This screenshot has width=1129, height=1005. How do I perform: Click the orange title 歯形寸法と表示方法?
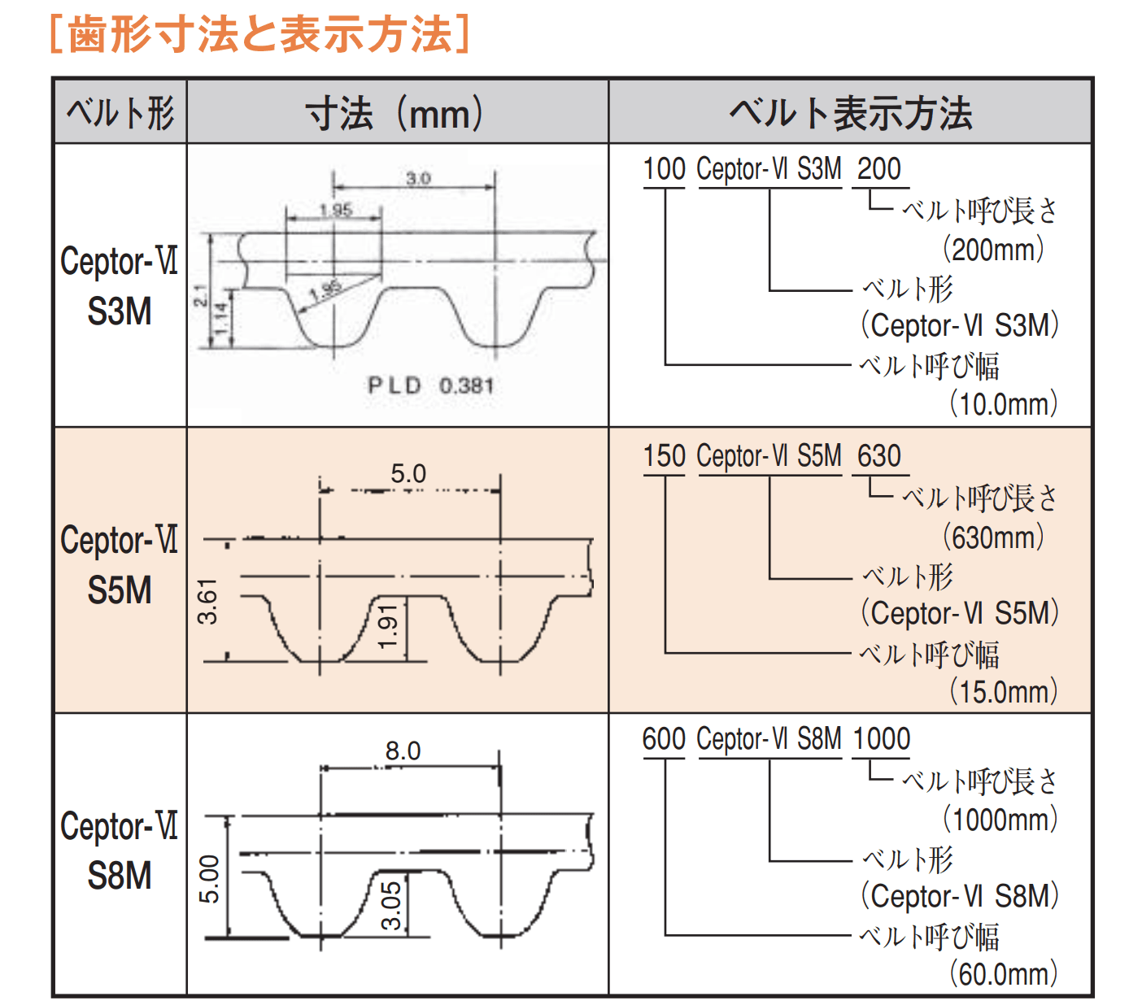259,34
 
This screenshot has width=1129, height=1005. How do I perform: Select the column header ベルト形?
120,112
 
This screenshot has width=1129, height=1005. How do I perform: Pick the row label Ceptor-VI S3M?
120,285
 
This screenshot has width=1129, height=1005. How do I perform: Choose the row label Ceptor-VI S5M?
120,565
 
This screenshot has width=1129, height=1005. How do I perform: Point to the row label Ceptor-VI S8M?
120,851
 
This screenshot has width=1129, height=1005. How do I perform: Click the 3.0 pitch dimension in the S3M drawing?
417,178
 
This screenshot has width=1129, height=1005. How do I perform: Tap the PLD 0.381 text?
430,385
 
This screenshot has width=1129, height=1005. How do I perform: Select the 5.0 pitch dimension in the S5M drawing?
408,473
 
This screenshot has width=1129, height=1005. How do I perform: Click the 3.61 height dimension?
208,602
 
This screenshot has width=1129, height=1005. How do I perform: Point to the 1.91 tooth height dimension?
388,627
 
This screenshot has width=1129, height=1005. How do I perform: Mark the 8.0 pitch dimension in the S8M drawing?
403,750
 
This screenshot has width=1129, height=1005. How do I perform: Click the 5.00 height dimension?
209,879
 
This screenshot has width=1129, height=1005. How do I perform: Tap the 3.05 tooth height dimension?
391,905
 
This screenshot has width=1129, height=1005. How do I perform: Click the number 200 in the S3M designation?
878,169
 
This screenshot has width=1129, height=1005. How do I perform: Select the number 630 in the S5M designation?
878,456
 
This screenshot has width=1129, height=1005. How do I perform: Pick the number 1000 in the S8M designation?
881,739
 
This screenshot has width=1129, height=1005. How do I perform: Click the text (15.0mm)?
1004,692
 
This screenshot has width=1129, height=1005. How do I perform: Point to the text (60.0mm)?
1004,974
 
